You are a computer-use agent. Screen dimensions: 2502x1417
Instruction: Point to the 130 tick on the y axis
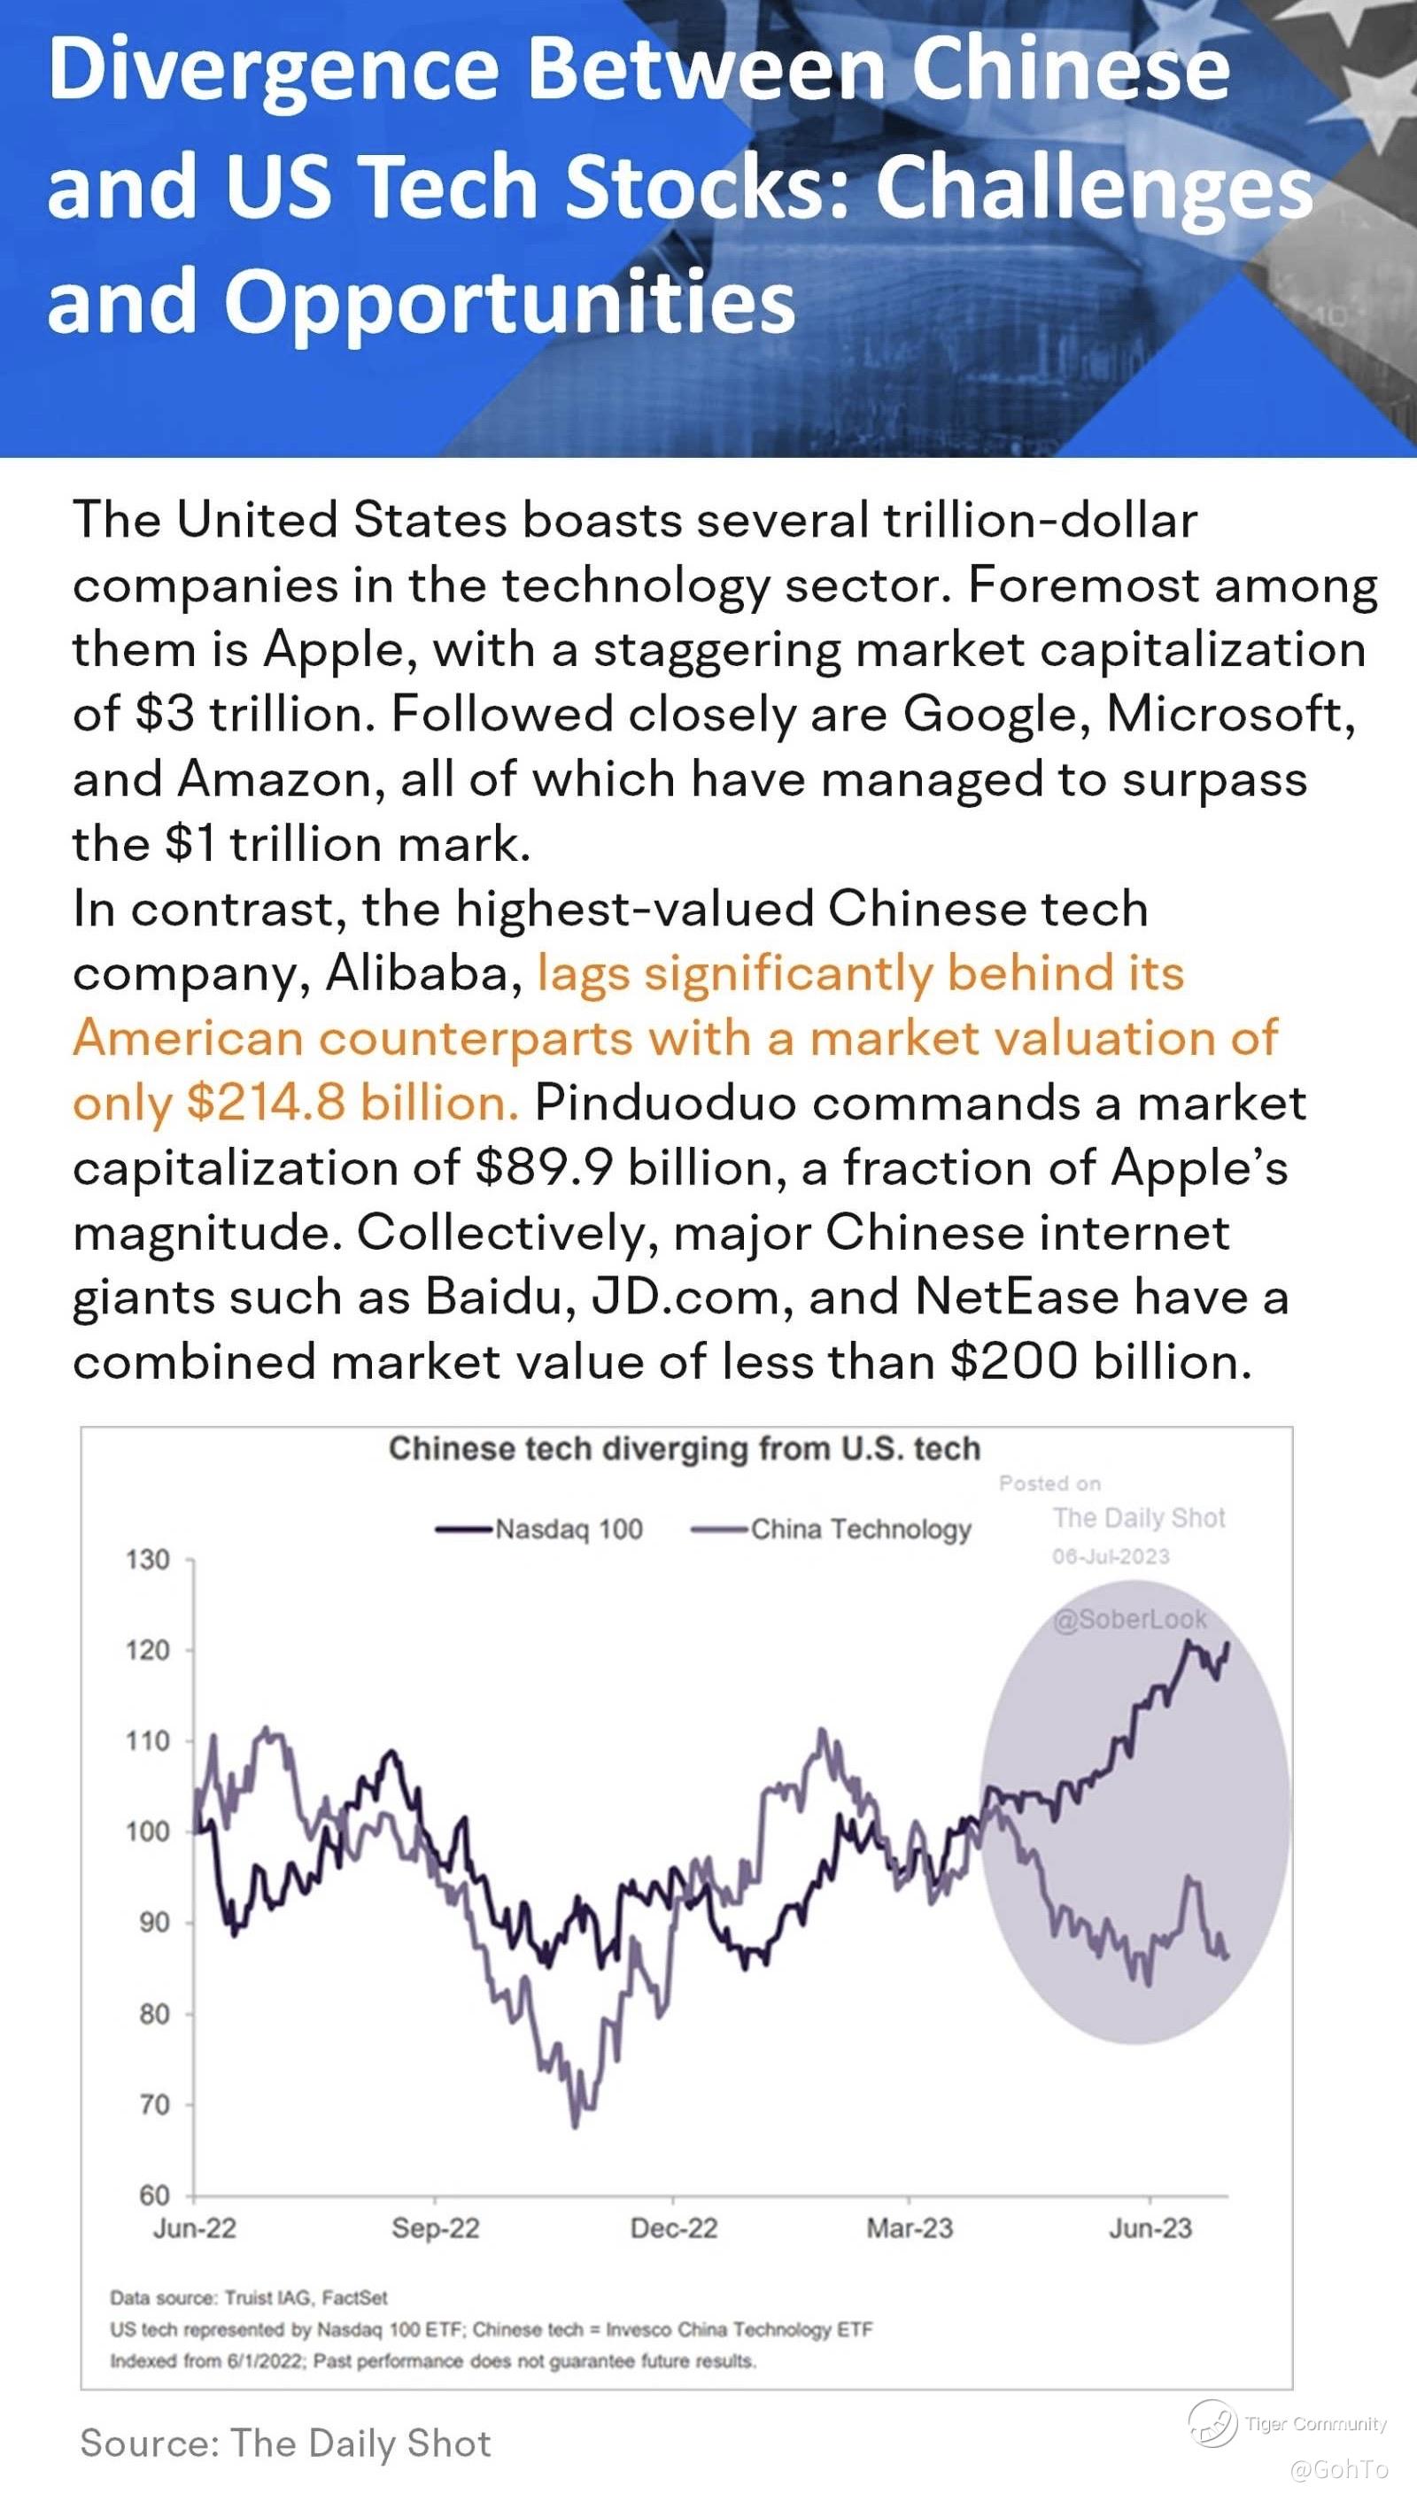coord(147,1559)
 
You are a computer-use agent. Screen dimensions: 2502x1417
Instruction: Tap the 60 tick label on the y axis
coord(154,2195)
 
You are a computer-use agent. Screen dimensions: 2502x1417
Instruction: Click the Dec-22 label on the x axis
coord(673,2227)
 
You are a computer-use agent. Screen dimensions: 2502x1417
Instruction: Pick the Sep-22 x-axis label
coord(435,2227)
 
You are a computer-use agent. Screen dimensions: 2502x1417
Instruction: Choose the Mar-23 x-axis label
coord(909,2227)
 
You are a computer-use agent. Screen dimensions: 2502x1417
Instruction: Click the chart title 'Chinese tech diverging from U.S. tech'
coord(685,1448)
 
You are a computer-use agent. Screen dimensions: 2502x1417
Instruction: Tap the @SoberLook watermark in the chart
coord(1129,1618)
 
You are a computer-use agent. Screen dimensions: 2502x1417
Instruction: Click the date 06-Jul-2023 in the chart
coord(1111,1556)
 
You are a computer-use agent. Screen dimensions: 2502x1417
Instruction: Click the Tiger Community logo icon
coord(1212,2423)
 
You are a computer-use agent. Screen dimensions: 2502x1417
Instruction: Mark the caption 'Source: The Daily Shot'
coord(286,2443)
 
